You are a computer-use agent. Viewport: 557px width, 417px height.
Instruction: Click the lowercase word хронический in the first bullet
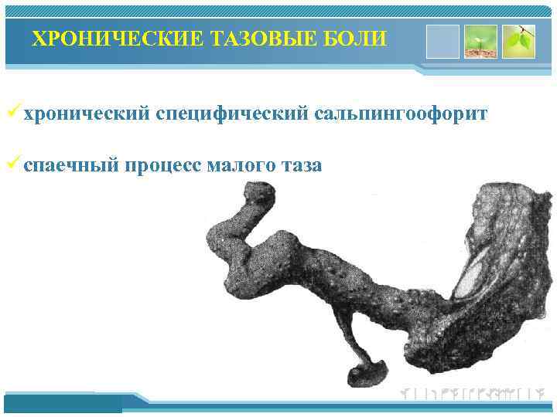point(85,114)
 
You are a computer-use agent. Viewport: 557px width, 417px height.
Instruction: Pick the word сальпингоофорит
point(401,114)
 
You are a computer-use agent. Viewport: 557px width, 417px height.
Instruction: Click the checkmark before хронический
point(13,114)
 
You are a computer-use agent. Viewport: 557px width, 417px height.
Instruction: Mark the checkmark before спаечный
point(13,163)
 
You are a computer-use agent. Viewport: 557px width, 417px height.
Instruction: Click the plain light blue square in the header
point(443,40)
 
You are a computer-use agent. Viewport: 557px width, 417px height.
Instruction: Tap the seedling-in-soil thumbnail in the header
point(480,41)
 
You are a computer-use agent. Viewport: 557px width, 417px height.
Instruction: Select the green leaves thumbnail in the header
point(518,41)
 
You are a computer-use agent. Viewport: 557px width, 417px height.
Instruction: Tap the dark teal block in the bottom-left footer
point(63,403)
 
